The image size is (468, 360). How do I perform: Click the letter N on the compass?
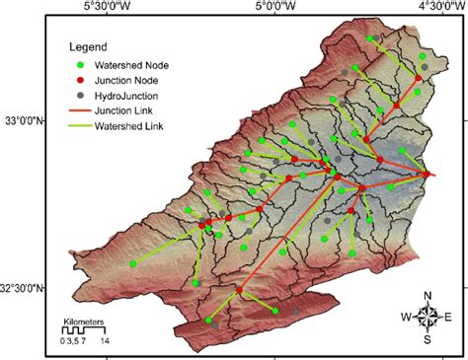(x=428, y=296)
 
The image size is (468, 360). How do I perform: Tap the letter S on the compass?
(x=428, y=340)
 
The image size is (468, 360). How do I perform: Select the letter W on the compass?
(x=406, y=318)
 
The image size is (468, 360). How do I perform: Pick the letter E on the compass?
(x=449, y=318)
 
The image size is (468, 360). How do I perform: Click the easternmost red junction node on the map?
(x=427, y=175)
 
